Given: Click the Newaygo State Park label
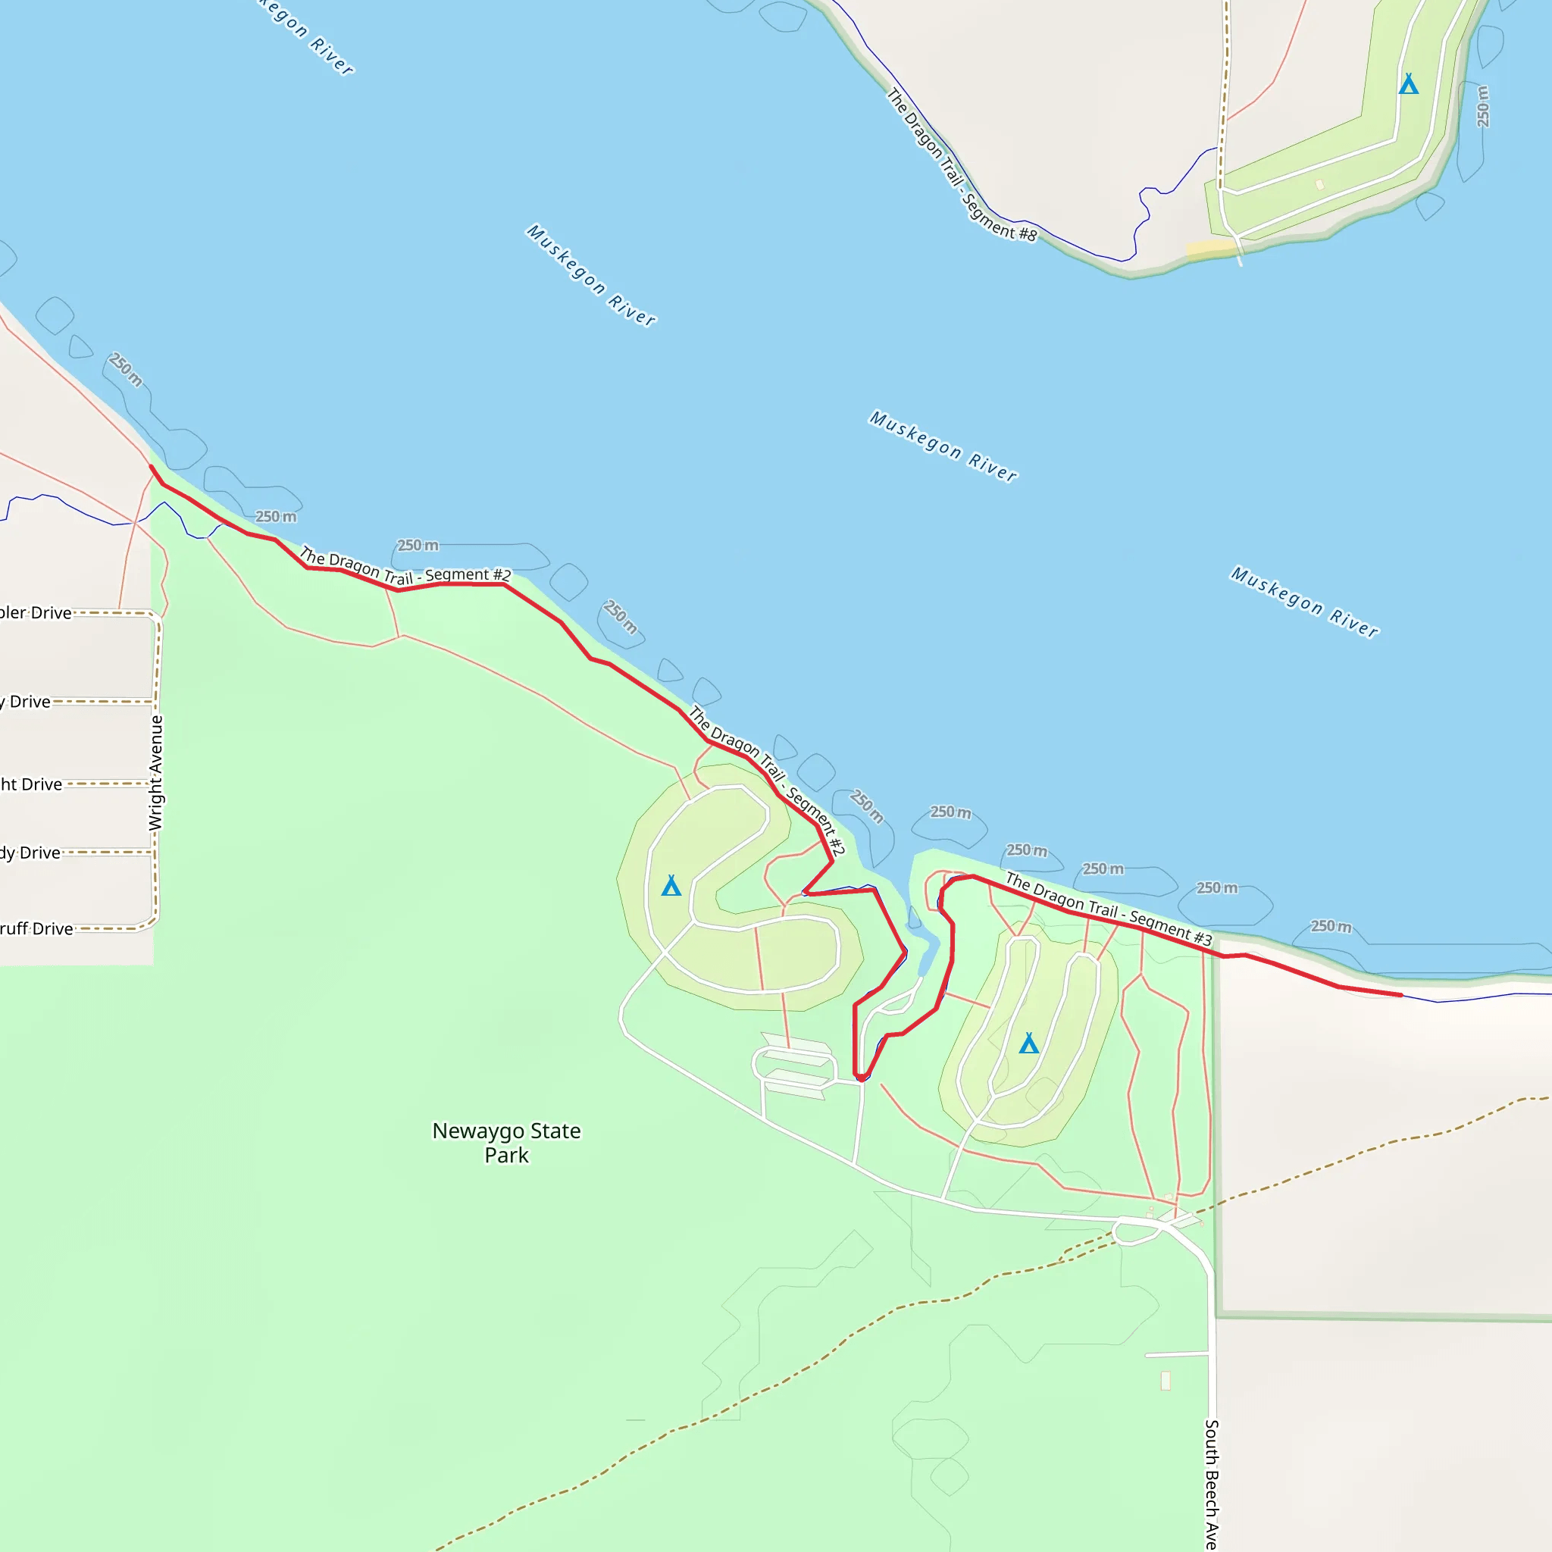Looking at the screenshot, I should [506, 1142].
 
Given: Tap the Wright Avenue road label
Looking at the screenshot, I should [156, 773].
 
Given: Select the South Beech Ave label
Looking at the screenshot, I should [1212, 1484].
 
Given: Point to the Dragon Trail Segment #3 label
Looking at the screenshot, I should [1109, 909].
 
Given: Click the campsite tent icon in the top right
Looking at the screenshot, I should [1408, 84].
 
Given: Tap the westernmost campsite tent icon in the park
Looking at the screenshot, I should [671, 886].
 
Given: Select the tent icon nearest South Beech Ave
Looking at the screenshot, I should [1028, 1044].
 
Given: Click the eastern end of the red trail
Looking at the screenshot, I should [1401, 994].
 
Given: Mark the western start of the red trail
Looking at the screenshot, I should [151, 466].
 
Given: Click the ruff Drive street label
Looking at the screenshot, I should [36, 928].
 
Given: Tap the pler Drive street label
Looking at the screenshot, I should [36, 613].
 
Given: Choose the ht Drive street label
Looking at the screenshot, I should [30, 784].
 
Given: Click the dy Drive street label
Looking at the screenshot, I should [30, 853].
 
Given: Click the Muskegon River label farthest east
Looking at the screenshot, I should [1305, 602].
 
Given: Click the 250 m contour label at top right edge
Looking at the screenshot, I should [1483, 106].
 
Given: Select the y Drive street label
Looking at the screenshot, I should [26, 701].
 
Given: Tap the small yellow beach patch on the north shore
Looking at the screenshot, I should [1209, 249].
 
